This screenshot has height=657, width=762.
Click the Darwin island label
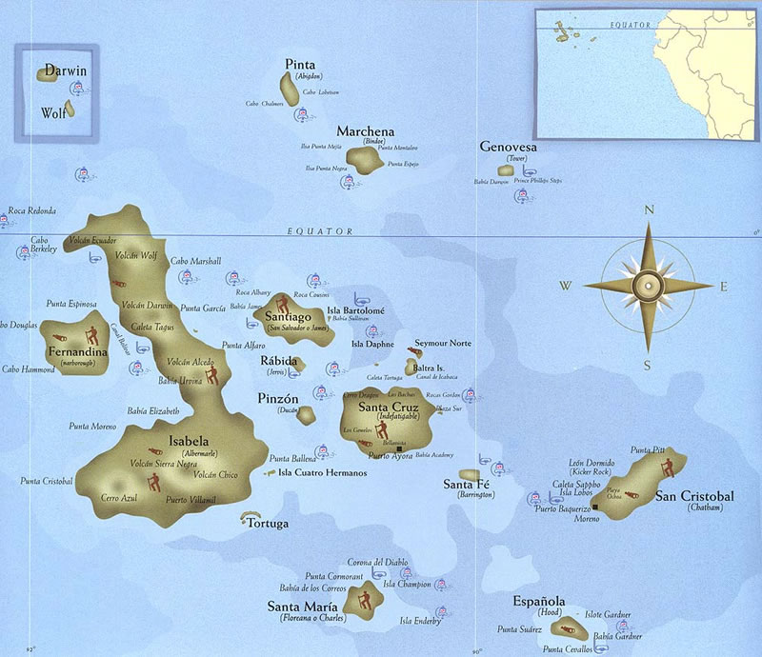[x=64, y=71]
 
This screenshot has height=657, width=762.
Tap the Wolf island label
[x=53, y=113]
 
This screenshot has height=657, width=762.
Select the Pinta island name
[x=300, y=65]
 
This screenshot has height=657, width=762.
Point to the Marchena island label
[x=366, y=131]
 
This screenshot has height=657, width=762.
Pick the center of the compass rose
[x=649, y=285]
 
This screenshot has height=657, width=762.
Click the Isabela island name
[x=188, y=441]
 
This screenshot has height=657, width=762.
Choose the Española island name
[x=539, y=602]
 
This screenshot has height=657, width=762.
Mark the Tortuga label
[x=268, y=525]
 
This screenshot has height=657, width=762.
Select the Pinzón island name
[x=279, y=398]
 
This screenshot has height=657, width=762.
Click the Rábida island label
[x=279, y=362]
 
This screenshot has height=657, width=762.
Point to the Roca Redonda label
[x=32, y=211]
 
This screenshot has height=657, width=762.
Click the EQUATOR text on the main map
[x=319, y=231]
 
